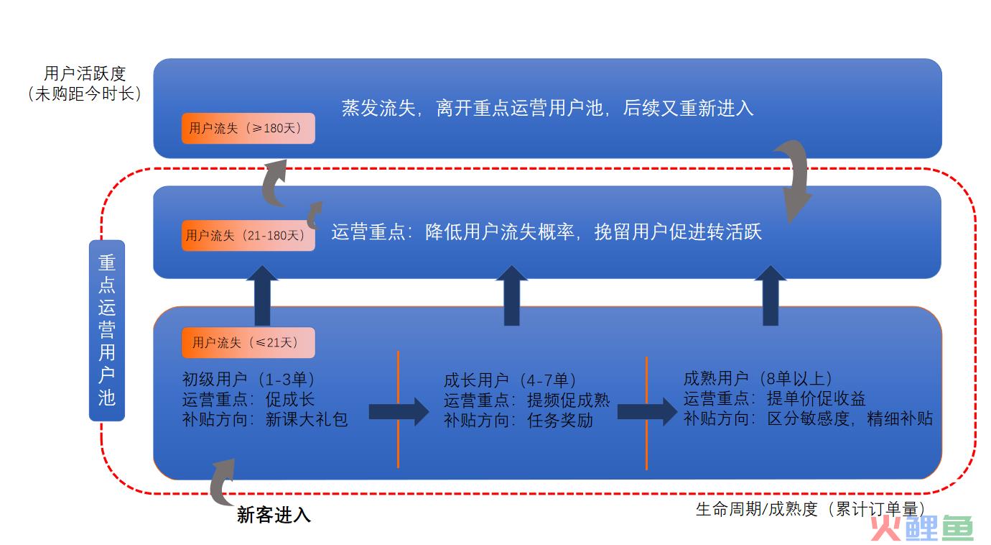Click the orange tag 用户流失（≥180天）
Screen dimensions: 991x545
pyautogui.click(x=248, y=129)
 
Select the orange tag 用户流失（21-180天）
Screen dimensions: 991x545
pyautogui.click(x=248, y=235)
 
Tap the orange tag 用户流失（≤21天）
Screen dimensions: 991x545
pyautogui.click(x=248, y=342)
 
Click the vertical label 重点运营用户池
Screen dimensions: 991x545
pyautogui.click(x=107, y=331)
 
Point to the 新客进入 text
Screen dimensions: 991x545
pyautogui.click(x=274, y=515)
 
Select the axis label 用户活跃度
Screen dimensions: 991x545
pyautogui.click(x=85, y=73)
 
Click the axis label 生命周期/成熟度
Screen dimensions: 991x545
pyautogui.click(x=756, y=509)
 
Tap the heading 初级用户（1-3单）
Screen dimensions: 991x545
pyautogui.click(x=248, y=380)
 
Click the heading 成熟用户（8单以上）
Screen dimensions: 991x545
pyautogui.click(x=758, y=378)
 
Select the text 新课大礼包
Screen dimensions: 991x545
pyautogui.click(x=307, y=419)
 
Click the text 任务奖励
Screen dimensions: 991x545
pyautogui.click(x=559, y=420)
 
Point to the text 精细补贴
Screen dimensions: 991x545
pyautogui.click(x=900, y=418)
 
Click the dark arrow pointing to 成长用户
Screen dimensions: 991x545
pyautogui.click(x=399, y=412)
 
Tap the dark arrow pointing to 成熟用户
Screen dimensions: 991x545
pyautogui.click(x=647, y=412)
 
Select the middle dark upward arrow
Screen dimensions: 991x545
pyautogui.click(x=512, y=296)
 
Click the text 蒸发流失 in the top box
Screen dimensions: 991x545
pyautogui.click(x=378, y=108)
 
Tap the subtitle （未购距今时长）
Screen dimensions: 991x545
pyautogui.click(x=85, y=93)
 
